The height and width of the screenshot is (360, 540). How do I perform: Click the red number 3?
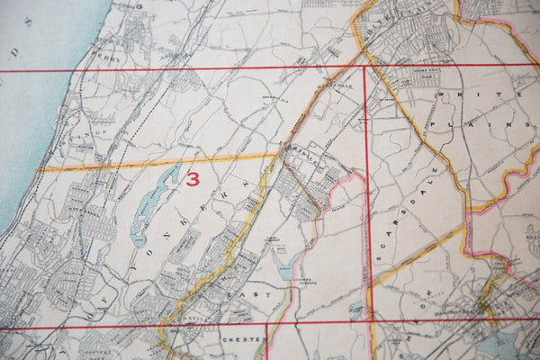(x=192, y=178)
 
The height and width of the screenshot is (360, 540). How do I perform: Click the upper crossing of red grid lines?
(x=364, y=68)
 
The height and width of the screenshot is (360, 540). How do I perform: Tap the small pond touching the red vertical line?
(x=357, y=310)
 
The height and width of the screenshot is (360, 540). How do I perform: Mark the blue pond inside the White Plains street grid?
(x=447, y=36)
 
